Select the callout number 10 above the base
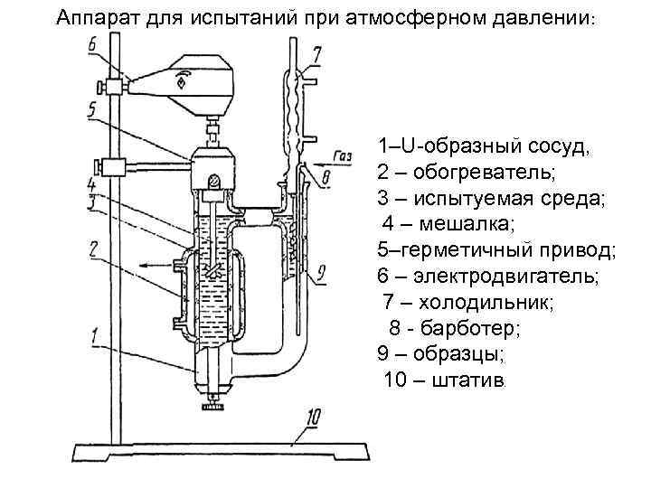pos(313,417)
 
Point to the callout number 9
pos(322,271)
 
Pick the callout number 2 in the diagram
pos(94,247)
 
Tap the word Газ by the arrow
pos(343,155)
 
